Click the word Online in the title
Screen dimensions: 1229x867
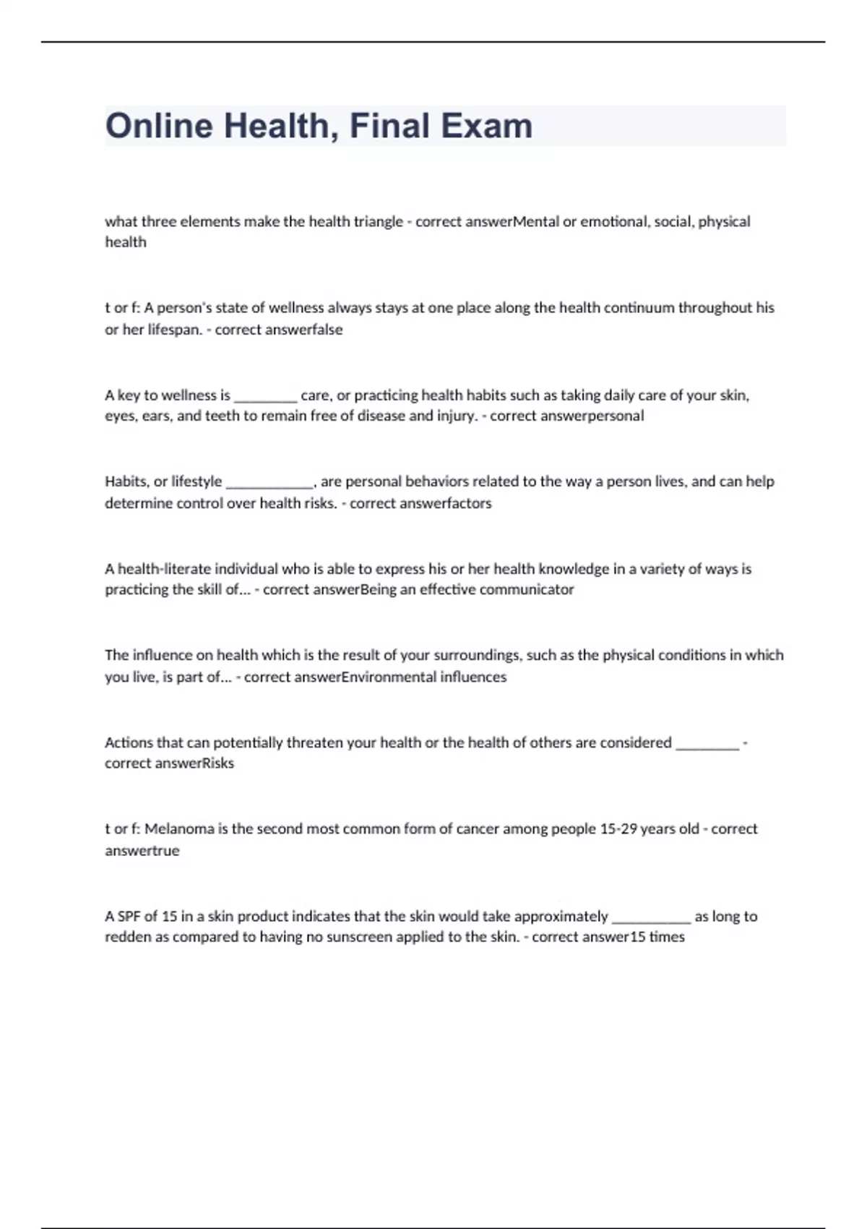point(160,126)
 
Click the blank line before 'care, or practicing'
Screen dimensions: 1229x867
point(265,397)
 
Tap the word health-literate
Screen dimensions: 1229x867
point(173,569)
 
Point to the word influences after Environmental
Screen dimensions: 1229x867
point(473,677)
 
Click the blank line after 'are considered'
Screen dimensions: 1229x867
point(707,745)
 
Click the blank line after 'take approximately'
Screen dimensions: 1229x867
point(651,918)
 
